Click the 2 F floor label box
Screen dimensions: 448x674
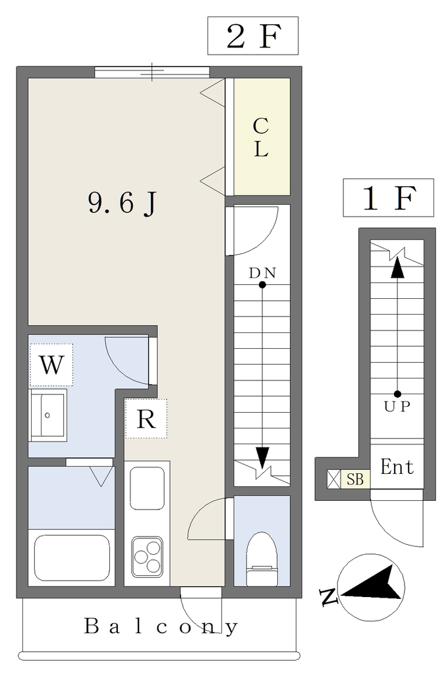click(252, 36)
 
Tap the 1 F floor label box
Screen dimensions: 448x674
click(388, 197)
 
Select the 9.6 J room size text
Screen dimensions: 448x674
click(122, 203)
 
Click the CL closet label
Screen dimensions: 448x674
click(262, 137)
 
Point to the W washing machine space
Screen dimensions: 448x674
click(51, 365)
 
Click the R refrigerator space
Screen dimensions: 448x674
click(146, 418)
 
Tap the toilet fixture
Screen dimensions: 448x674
click(262, 559)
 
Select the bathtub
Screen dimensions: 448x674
click(71, 558)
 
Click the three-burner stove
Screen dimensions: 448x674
click(147, 556)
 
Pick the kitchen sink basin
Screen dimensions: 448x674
click(147, 488)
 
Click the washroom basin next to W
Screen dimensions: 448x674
click(48, 415)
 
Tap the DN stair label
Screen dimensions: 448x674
click(262, 273)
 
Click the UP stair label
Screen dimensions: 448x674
click(397, 406)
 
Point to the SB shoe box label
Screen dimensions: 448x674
click(356, 479)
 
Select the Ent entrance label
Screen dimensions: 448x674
click(397, 467)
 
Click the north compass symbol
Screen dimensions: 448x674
click(370, 587)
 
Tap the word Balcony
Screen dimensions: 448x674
click(160, 627)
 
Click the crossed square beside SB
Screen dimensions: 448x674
click(334, 479)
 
